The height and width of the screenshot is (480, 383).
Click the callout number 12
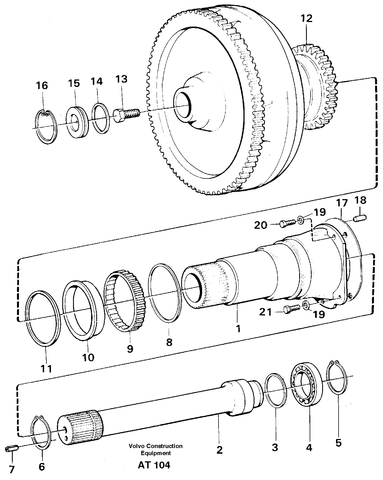coord(307,18)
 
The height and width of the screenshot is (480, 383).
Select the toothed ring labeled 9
coord(125,302)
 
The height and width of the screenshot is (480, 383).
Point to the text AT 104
coord(154,465)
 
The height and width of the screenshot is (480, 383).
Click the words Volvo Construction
coord(155,446)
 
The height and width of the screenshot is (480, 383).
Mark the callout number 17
coord(342,203)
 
